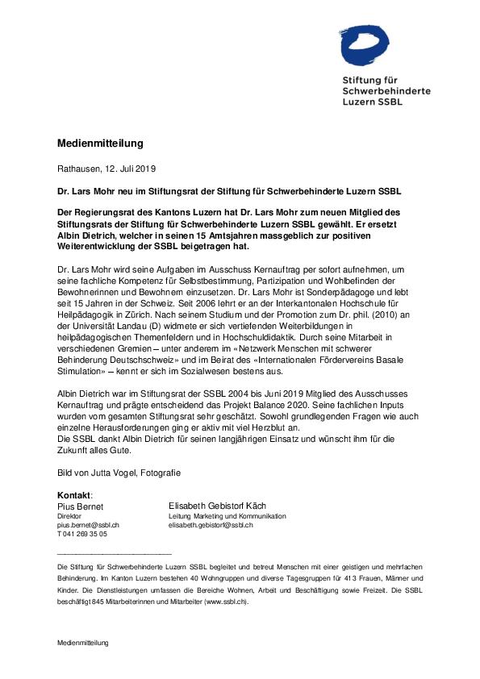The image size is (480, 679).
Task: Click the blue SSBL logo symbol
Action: coord(369,43)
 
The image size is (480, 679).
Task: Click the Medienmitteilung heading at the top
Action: coord(99,144)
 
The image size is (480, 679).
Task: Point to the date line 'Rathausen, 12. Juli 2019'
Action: coord(106,169)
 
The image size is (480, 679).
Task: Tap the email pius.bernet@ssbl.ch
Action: coord(88,525)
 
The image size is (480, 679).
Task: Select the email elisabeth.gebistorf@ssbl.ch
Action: coord(211,525)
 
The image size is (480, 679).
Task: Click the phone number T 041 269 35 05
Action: coord(81,534)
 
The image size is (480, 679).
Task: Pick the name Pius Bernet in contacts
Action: coord(80,506)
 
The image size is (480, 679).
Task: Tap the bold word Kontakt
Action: coord(74,494)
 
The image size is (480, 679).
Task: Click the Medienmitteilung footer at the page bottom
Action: coord(82,643)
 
